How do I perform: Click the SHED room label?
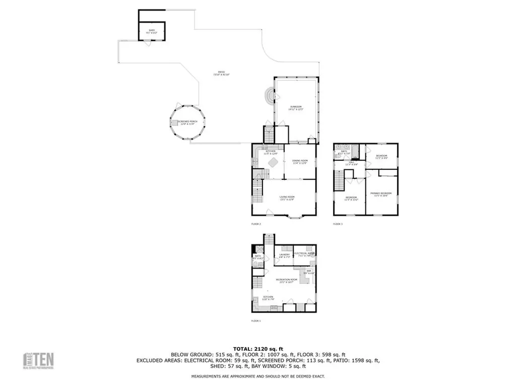tap(151, 31)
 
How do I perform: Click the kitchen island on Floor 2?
tap(274, 162)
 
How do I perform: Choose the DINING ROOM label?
tap(300, 161)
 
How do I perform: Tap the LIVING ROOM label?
tap(287, 198)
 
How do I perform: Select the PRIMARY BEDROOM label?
tap(381, 194)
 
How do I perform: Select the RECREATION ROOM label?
tap(286, 280)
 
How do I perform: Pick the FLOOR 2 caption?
tap(256, 223)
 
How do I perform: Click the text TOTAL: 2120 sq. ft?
tap(257, 348)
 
